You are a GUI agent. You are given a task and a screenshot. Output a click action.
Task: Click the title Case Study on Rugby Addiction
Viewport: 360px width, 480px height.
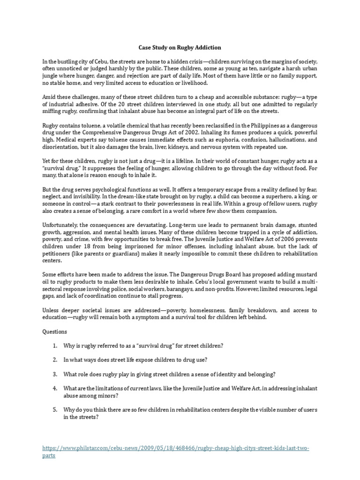(180, 47)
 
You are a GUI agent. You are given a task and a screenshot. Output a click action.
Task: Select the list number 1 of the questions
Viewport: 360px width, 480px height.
(55, 346)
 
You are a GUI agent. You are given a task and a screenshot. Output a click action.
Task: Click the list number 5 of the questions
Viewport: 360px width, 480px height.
(55, 409)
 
